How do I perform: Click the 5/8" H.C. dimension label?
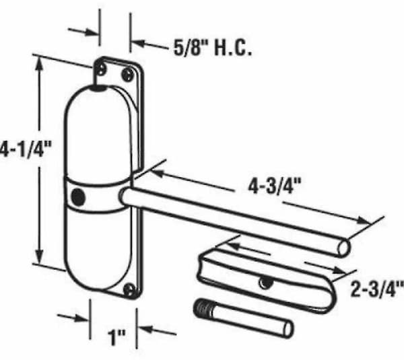tap(213, 48)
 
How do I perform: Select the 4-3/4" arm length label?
tap(275, 186)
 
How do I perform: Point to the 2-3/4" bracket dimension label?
tap(377, 289)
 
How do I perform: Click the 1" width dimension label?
tap(116, 337)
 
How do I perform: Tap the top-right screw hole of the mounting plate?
tap(127, 75)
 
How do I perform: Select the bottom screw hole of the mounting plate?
tap(129, 289)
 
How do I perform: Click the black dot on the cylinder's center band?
tap(78, 198)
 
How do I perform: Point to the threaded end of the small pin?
tap(203, 308)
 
